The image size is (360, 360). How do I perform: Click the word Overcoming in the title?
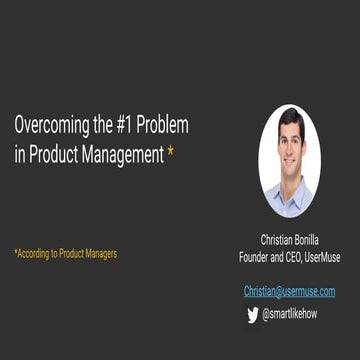pyautogui.click(x=46, y=127)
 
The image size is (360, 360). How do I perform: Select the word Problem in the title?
pyautogui.click(x=162, y=127)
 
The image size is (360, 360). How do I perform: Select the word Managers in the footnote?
pyautogui.click(x=97, y=253)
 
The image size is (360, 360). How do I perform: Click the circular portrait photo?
pyautogui.click(x=289, y=160)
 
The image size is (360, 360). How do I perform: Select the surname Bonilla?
pyautogui.click(x=307, y=240)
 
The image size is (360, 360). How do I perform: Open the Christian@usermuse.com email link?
pyautogui.click(x=289, y=291)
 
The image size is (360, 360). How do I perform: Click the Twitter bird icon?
pyautogui.click(x=252, y=314)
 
